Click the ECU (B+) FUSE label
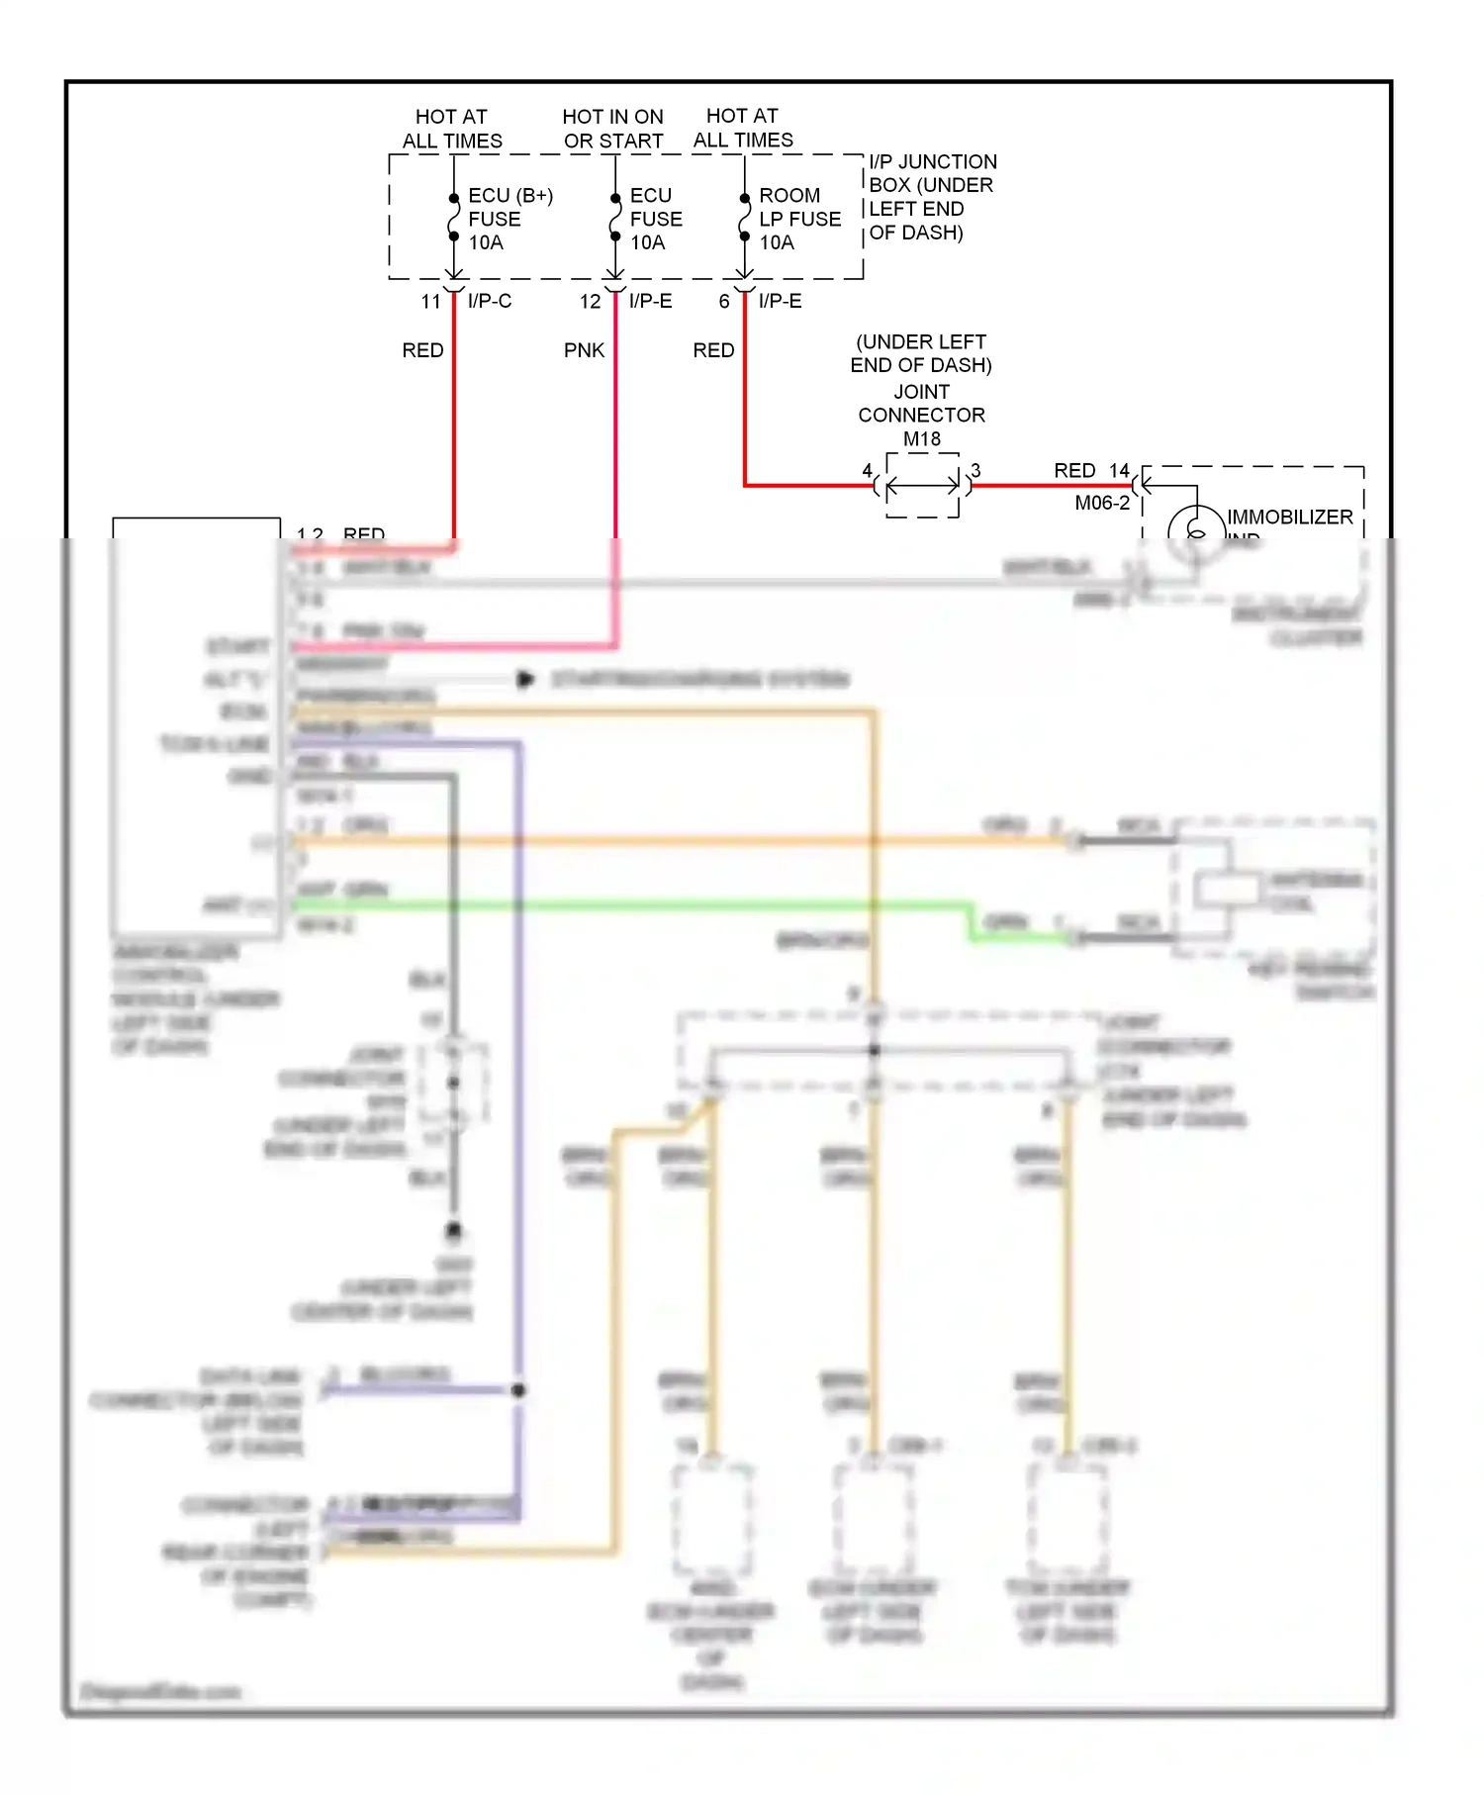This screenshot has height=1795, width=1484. pyautogui.click(x=509, y=219)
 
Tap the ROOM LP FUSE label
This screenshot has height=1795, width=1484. pyautogui.click(x=798, y=219)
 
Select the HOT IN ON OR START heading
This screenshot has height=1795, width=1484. pyautogui.click(x=612, y=129)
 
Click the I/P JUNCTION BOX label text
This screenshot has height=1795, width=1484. pyautogui.click(x=931, y=196)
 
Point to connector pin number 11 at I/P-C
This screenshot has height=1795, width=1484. pyautogui.click(x=430, y=302)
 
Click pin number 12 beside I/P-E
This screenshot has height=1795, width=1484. pyautogui.click(x=590, y=302)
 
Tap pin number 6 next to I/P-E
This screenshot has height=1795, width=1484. pyautogui.click(x=724, y=302)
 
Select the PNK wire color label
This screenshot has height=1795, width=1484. pyautogui.click(x=584, y=350)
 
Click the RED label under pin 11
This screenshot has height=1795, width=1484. pyautogui.click(x=422, y=350)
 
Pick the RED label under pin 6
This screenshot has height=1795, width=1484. pyautogui.click(x=713, y=350)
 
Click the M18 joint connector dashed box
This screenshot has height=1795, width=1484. pyautogui.click(x=922, y=485)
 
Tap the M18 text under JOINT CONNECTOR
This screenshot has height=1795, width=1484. pyautogui.click(x=921, y=438)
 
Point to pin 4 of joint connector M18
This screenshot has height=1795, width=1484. pyautogui.click(x=867, y=471)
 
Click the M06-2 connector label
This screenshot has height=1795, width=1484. pyautogui.click(x=1101, y=503)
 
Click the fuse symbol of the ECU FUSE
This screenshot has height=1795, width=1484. pyautogui.click(x=614, y=218)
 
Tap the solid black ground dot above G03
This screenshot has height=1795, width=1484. pyautogui.click(x=453, y=1231)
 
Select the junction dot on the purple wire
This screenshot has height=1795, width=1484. pyautogui.click(x=517, y=1390)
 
